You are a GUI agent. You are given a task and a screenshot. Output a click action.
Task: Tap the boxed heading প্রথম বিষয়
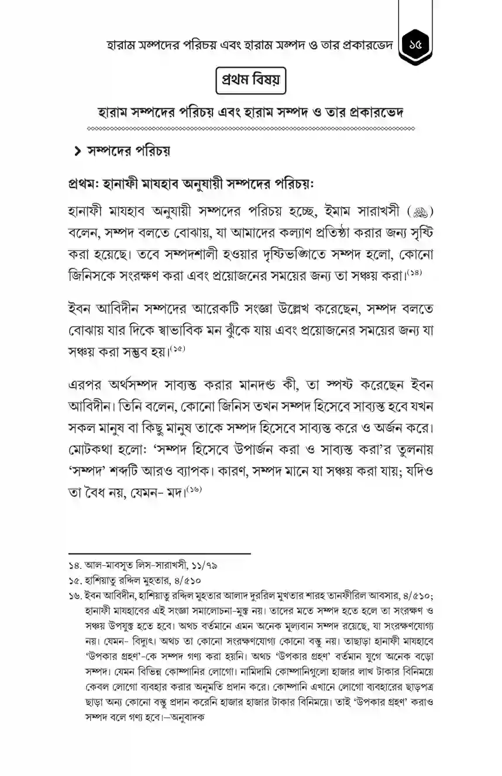click(251, 80)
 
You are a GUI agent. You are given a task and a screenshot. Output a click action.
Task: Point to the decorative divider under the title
click(251, 128)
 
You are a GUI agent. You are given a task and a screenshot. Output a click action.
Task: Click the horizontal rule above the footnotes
click(159, 552)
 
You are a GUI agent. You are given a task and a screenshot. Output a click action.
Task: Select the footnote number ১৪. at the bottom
click(76, 566)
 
